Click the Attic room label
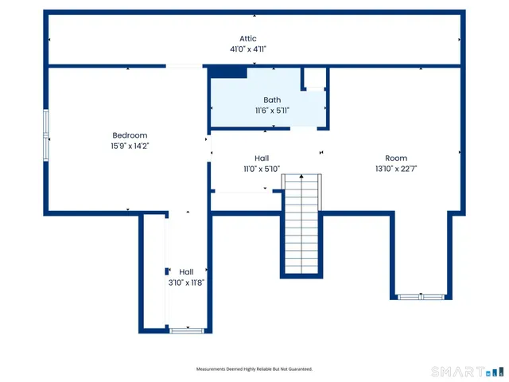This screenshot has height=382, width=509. [248, 38]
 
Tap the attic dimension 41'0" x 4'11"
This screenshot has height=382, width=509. [248, 49]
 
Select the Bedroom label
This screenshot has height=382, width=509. [129, 135]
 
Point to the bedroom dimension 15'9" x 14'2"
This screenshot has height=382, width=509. [129, 146]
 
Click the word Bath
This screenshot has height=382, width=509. [272, 99]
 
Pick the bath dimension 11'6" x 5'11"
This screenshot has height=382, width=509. [272, 111]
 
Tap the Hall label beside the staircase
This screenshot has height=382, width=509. [262, 158]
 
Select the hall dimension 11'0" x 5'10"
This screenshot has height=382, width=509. [262, 170]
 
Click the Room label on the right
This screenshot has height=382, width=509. [396, 158]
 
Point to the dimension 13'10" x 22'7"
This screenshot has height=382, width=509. [396, 170]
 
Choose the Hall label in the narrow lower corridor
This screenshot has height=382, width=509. [186, 271]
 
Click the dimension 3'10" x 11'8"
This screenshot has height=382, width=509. [186, 283]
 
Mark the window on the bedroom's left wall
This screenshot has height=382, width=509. [46, 135]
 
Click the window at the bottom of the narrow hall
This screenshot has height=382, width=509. [187, 329]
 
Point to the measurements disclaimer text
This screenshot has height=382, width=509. [254, 369]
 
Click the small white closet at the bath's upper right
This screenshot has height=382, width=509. [315, 77]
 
